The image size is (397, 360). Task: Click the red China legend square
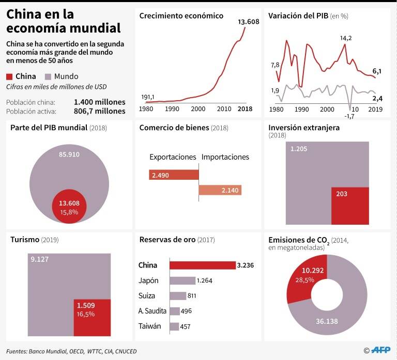click(x=9, y=76)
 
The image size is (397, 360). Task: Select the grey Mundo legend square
click(x=48, y=76)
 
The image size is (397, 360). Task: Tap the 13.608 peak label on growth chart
click(x=248, y=22)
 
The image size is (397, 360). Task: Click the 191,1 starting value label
click(x=148, y=97)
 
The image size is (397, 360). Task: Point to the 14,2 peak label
click(x=346, y=38)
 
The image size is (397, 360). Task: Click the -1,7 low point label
click(x=349, y=116)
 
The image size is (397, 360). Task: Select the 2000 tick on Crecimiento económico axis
click(x=198, y=109)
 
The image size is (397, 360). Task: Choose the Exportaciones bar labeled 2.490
click(x=174, y=175)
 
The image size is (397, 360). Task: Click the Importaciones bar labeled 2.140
click(x=220, y=190)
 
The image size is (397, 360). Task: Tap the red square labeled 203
click(x=350, y=206)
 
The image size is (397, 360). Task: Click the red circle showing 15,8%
click(x=69, y=206)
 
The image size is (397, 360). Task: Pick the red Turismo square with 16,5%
click(x=92, y=318)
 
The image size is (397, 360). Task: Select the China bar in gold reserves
click(x=203, y=265)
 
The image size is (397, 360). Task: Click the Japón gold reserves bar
click(x=182, y=280)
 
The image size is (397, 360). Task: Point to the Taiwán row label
click(x=149, y=326)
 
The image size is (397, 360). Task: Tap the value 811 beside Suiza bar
click(x=192, y=296)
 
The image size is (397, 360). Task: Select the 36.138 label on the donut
click(x=327, y=321)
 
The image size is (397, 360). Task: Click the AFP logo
click(x=380, y=350)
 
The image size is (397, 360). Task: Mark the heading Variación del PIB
click(x=298, y=16)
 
